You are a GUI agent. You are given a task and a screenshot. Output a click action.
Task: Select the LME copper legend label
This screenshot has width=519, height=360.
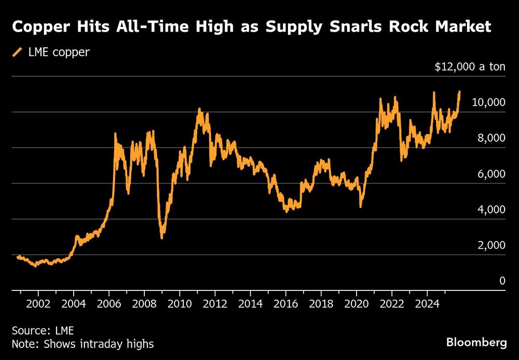tap(59, 52)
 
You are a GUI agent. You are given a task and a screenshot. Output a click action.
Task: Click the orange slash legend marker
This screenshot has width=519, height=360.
tap(18, 52)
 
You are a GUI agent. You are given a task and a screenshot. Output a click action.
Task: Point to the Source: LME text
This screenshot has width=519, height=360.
tap(43, 330)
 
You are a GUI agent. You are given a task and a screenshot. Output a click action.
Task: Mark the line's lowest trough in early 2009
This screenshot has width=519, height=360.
tap(162, 237)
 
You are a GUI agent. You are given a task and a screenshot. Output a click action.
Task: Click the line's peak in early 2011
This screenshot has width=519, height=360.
tap(199, 110)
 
